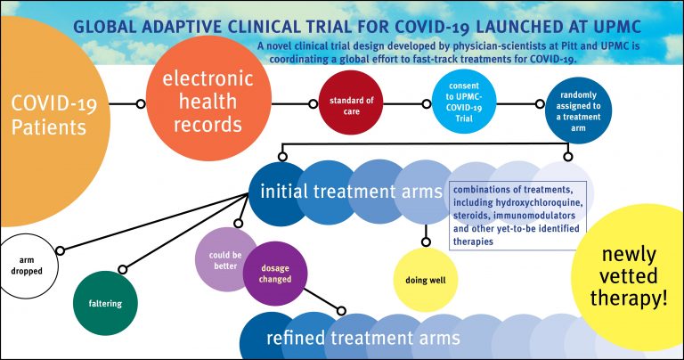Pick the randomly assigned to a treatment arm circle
coord(572,103)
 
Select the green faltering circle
coord(105,303)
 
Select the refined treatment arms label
coord(362,338)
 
